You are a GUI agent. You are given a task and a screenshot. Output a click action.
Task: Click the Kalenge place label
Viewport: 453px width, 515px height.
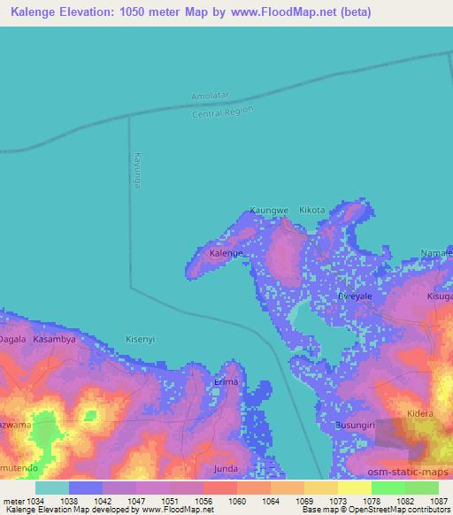coord(226,254)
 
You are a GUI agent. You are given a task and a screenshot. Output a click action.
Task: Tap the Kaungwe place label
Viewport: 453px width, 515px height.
coord(269,211)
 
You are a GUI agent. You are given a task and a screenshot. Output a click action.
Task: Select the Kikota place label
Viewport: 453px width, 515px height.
coord(312,211)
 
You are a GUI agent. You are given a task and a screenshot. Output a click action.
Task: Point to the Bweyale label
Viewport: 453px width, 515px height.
coord(357,297)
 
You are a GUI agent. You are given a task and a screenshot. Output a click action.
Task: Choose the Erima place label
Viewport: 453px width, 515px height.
coord(226,382)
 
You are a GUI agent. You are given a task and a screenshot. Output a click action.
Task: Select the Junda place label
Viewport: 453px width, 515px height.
coord(226,468)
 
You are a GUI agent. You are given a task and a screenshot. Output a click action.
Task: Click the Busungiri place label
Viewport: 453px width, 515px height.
coord(357,426)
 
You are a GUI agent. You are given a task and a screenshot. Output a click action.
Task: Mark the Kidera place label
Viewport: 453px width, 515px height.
coord(420,414)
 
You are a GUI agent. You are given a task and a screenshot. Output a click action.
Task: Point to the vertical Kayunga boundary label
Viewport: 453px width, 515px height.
coord(137,168)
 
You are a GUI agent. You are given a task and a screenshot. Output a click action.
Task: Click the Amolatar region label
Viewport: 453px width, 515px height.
coord(210,96)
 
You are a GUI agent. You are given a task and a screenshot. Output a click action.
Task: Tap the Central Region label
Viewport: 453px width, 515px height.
coord(223,112)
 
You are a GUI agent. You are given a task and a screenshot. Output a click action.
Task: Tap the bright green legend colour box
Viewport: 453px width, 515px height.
coord(388,488)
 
